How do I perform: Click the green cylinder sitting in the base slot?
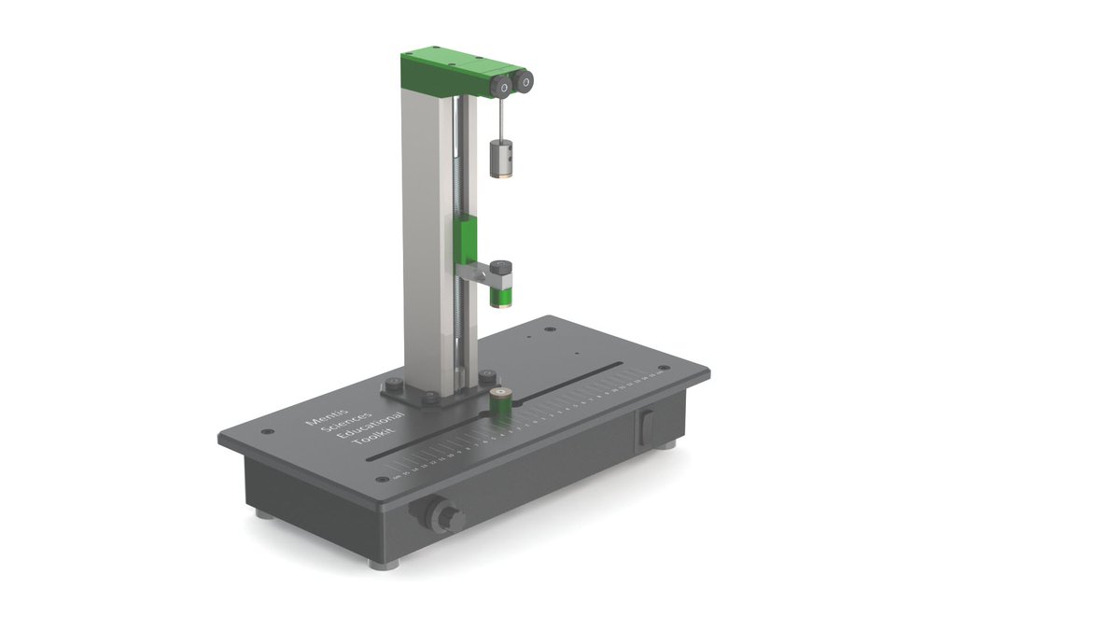tap(502, 403)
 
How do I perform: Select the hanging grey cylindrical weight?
tap(502, 158)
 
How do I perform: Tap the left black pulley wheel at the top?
tap(503, 87)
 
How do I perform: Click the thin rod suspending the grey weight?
tap(501, 119)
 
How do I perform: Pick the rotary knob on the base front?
tap(444, 516)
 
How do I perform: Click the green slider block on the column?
tap(466, 239)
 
